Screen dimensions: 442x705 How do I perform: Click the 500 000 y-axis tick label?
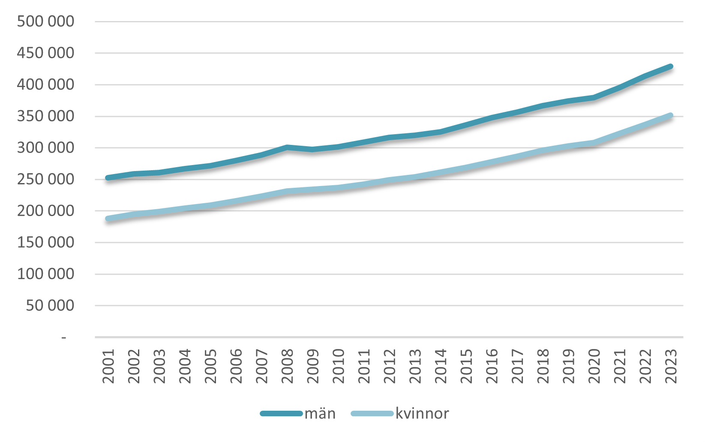pos(45,21)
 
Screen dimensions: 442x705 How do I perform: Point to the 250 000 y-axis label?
pos(45,179)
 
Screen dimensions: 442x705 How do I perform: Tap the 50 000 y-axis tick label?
pos(50,306)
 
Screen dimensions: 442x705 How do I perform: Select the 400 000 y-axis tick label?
pos(45,84)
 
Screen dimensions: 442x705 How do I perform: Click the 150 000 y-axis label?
pos(45,243)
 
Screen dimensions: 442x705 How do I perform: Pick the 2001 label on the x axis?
pos(108,366)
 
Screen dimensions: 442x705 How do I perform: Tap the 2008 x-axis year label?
pos(287,366)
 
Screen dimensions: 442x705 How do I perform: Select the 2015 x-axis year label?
pos(466,366)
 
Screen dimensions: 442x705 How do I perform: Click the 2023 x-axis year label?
pos(670,366)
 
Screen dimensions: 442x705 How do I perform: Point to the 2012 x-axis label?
pos(389,366)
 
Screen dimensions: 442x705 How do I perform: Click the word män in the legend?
pos(320,414)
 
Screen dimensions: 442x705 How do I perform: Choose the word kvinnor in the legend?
pos(422,414)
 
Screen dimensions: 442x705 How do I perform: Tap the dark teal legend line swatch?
pos(282,414)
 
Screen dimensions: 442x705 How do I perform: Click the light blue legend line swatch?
pos(372,414)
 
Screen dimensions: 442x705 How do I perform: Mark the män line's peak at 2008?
pos(287,147)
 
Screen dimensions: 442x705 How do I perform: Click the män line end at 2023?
pos(670,66)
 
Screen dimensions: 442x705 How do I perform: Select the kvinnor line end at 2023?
pos(670,115)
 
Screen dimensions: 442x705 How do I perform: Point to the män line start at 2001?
pos(108,177)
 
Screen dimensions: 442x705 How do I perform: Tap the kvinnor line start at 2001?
pos(108,219)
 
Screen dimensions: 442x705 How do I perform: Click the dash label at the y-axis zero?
pos(64,338)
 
